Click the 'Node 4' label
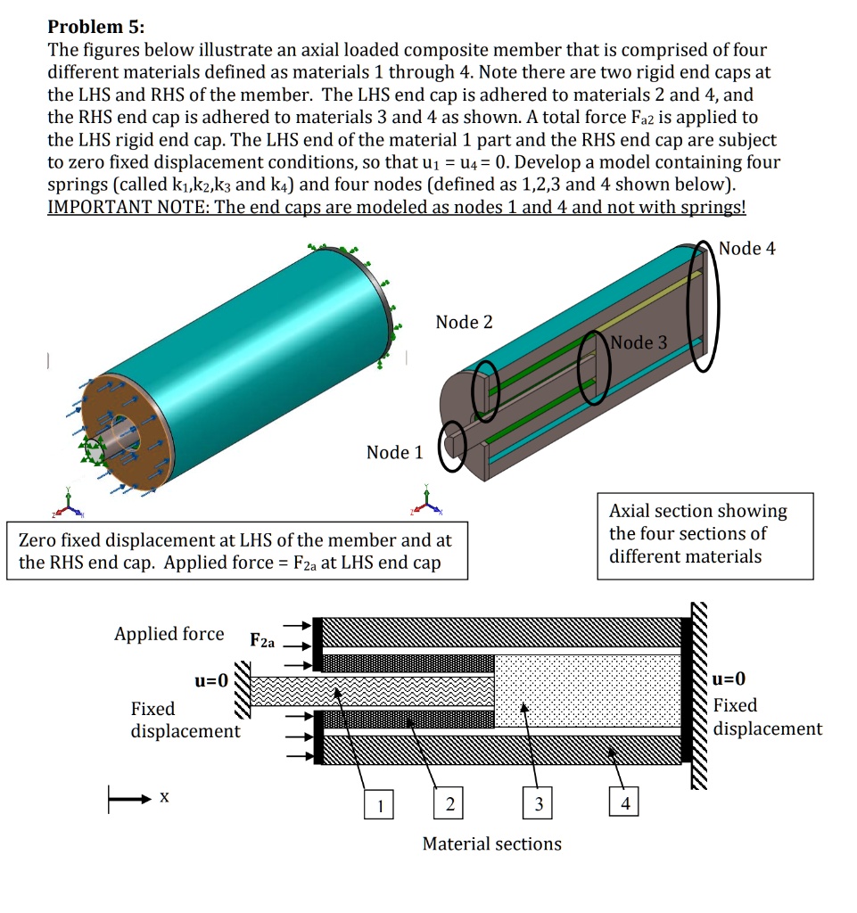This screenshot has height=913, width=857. point(746,249)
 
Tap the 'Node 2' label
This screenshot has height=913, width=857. point(464,322)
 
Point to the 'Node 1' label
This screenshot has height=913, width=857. point(394,453)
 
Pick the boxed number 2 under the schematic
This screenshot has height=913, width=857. point(449,805)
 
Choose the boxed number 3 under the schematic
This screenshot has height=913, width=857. point(538,805)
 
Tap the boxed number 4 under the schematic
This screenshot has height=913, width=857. point(625,805)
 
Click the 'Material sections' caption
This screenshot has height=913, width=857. point(491,843)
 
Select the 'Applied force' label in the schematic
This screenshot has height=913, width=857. point(169,634)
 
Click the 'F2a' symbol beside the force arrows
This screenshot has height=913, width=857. point(263,640)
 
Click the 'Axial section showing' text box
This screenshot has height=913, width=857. point(705,535)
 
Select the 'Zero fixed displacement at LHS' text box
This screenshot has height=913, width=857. point(236,552)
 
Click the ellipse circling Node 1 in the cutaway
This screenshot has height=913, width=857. point(454,445)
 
